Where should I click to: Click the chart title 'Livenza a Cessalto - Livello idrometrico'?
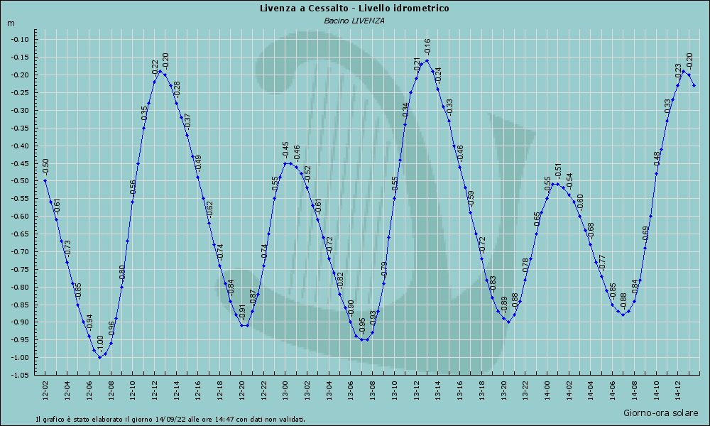click(x=354, y=8)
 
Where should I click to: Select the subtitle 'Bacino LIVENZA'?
click(x=354, y=21)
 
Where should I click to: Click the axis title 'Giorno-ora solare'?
click(x=660, y=413)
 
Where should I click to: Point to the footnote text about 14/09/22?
click(x=170, y=419)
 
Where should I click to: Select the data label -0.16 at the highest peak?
click(x=427, y=48)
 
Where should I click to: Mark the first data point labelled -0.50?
click(x=45, y=180)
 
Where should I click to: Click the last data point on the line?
click(x=694, y=86)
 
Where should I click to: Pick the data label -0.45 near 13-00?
click(x=285, y=150)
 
